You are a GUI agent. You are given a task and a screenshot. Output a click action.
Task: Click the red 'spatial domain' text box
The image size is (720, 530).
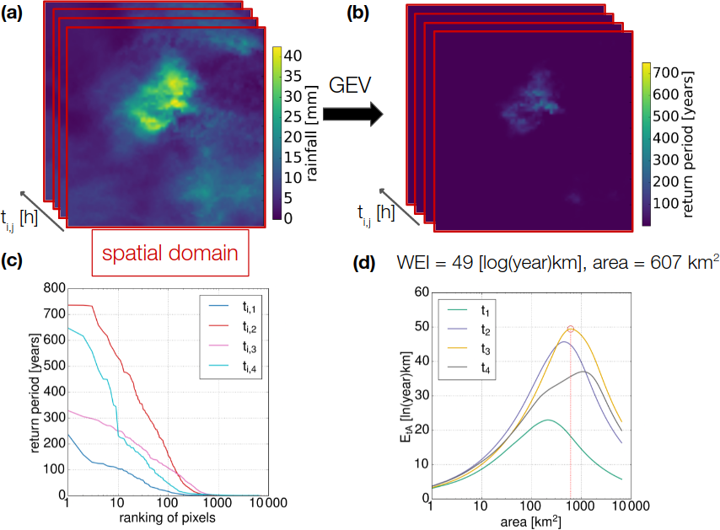click(165, 252)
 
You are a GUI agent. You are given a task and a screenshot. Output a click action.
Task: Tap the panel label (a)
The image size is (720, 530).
click(15, 11)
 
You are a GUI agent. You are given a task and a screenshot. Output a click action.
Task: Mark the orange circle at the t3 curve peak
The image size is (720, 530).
click(571, 329)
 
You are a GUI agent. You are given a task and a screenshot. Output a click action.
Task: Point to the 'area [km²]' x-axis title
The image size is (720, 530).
click(529, 520)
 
